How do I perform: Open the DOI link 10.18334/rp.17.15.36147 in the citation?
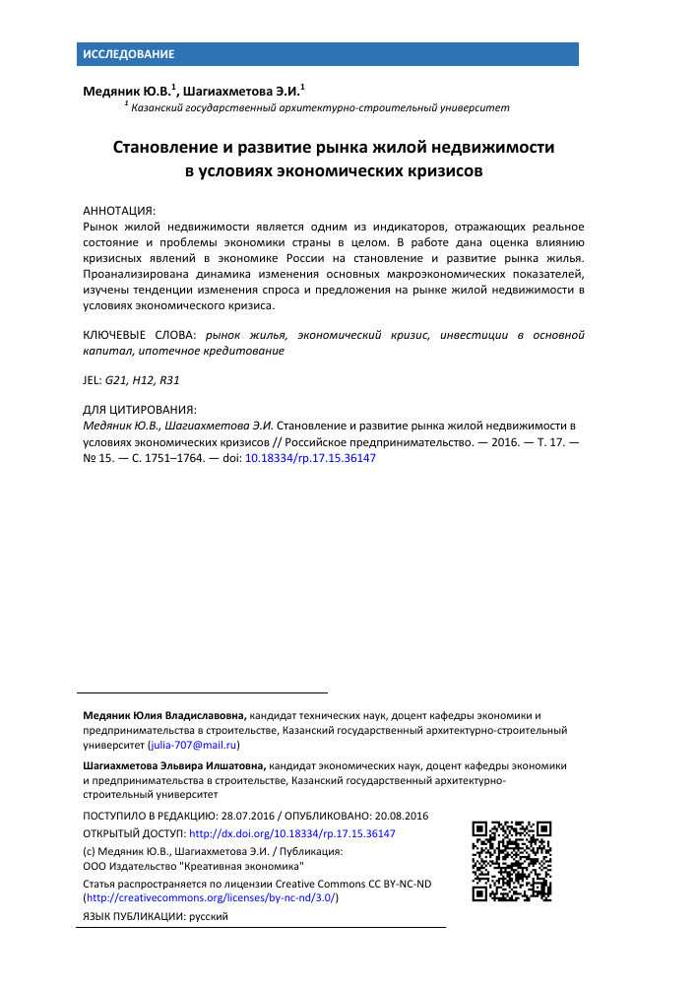tap(310, 458)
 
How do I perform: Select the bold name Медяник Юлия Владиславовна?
tap(164, 714)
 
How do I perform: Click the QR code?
tap(511, 860)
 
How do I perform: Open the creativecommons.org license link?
tap(211, 897)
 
